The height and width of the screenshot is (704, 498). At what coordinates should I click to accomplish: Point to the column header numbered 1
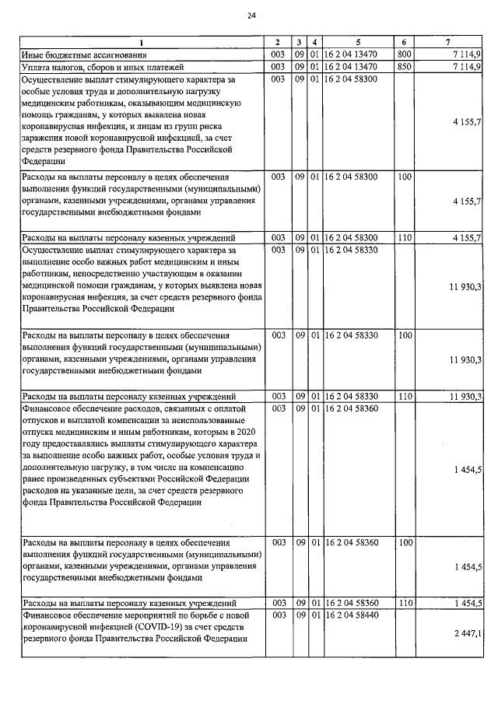coord(142,41)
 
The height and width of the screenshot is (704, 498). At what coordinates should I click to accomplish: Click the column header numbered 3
coord(300,41)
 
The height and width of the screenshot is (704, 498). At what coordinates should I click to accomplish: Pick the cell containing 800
coord(403,54)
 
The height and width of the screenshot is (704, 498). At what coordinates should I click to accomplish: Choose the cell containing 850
coord(403,67)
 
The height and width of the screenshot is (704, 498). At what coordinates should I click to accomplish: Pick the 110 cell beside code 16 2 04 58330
coord(403,396)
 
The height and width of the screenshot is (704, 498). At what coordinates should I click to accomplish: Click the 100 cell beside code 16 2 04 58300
coord(403,177)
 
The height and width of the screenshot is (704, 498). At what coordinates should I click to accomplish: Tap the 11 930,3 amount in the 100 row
coord(465,360)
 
